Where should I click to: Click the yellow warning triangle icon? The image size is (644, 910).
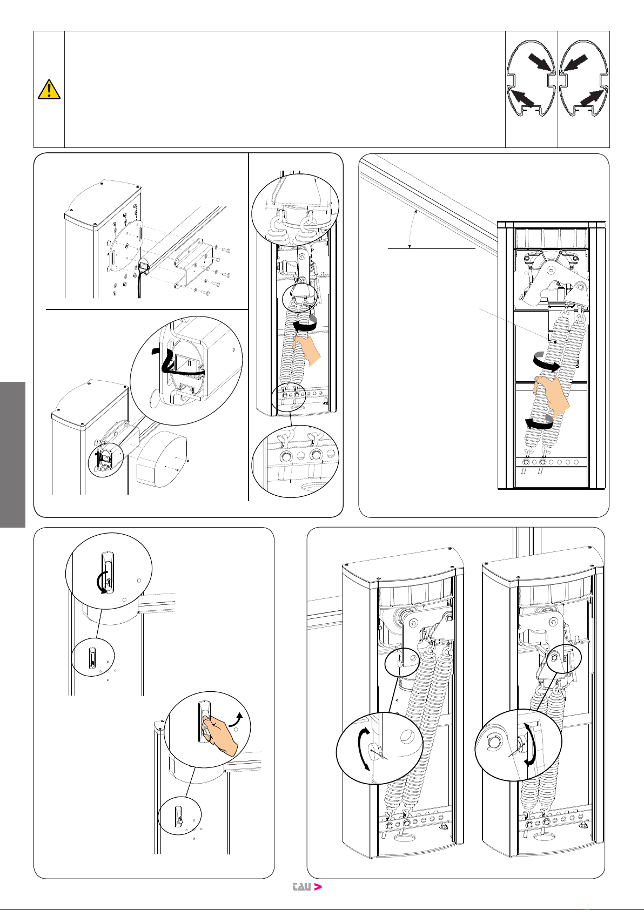[49, 90]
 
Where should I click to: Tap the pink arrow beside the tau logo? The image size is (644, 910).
[318, 886]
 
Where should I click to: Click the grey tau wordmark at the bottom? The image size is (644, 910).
[302, 887]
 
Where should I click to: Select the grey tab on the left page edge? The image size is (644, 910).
[12, 454]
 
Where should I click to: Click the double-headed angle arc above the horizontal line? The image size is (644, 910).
[411, 229]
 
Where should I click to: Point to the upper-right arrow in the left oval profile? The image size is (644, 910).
[540, 63]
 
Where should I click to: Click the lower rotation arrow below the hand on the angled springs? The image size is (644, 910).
[539, 423]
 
